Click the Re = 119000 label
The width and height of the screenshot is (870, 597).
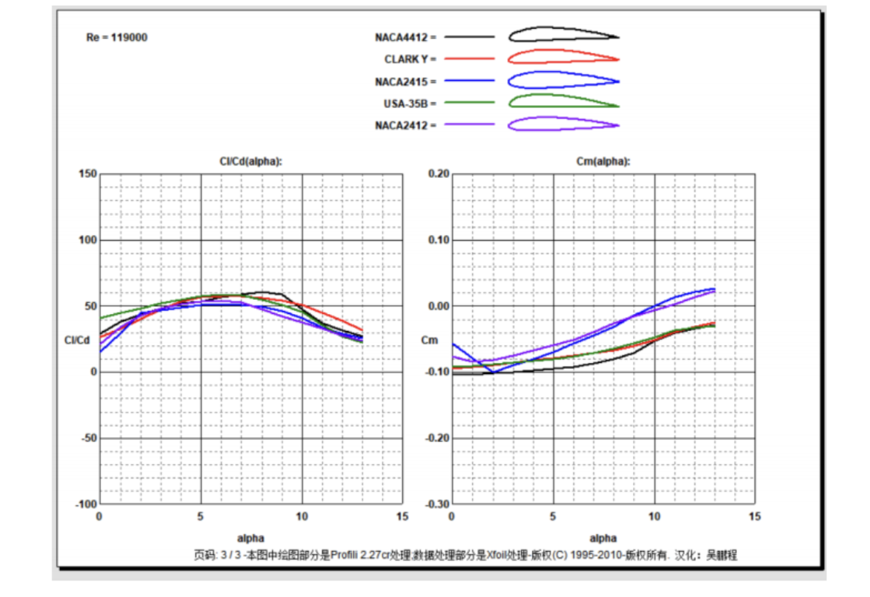point(116,37)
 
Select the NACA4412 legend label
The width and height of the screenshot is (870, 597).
point(405,36)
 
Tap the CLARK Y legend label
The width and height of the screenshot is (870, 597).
point(410,59)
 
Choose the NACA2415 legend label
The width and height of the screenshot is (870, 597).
point(405,81)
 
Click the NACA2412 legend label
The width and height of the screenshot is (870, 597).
point(405,126)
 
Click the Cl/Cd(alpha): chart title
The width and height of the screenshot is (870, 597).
point(250,162)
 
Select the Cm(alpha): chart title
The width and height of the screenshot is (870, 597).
point(602,162)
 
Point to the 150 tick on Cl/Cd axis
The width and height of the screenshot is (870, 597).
point(87,174)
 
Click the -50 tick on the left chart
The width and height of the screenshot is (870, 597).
point(87,438)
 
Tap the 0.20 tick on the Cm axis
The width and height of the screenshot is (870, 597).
point(439,174)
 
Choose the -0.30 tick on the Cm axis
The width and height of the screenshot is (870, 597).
point(437,504)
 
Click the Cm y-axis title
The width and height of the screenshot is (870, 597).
point(430,340)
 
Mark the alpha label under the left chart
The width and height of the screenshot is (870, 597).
point(250,538)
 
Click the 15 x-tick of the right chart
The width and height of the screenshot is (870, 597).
point(754,516)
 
